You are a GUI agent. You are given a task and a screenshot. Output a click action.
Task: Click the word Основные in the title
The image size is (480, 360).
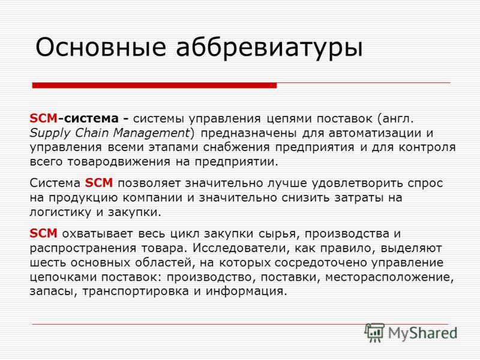(x=101, y=47)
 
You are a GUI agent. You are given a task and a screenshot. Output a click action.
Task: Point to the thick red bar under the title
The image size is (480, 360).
(x=154, y=85)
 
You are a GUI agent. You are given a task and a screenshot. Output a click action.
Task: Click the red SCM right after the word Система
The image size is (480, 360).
(x=99, y=183)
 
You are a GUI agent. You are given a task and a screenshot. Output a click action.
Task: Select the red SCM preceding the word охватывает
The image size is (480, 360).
(x=43, y=233)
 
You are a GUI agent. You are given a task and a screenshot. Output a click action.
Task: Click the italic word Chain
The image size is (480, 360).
(x=92, y=133)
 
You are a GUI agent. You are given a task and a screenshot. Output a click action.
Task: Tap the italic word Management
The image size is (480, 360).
(x=152, y=133)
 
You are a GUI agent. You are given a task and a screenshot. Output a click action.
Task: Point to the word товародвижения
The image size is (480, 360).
(x=118, y=162)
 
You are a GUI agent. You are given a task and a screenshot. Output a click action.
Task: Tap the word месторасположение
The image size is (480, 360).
(x=389, y=277)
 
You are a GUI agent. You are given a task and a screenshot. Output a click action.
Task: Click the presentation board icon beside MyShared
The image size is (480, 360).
(x=374, y=332)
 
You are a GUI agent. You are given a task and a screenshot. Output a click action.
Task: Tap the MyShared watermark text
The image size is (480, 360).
(x=423, y=334)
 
